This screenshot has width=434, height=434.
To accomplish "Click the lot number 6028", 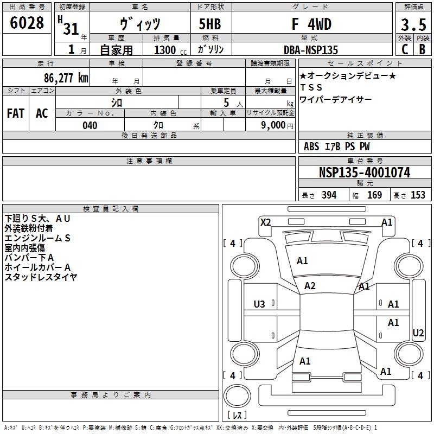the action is point(27,22).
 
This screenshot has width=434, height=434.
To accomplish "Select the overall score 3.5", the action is point(413,24).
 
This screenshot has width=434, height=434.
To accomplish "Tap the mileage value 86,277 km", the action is point(66,78).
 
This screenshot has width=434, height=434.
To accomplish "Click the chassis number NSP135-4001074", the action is point(365,173).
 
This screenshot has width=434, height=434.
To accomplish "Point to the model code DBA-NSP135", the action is point(310,50).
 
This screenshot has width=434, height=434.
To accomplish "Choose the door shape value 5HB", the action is point(210,24).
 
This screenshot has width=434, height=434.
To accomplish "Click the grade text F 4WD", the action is point(311,24).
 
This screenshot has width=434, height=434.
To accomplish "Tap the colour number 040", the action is point(90,125).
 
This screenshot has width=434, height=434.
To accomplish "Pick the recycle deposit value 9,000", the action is point(273,125).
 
